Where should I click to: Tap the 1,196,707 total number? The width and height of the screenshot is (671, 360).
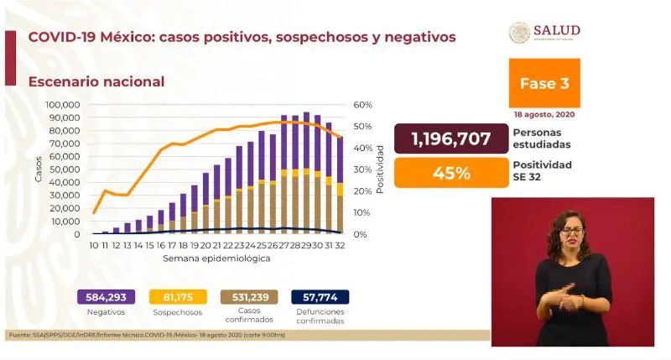(x=450, y=138)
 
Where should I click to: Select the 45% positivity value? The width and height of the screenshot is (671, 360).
(x=450, y=174)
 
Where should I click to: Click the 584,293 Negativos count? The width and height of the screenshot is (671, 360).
(x=106, y=296)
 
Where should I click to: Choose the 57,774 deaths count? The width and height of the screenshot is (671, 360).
(x=320, y=296)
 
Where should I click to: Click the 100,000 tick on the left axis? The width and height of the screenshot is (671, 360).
(x=62, y=105)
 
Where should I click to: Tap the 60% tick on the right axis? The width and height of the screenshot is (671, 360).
(x=362, y=105)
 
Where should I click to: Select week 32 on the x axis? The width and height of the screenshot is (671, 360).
(x=340, y=246)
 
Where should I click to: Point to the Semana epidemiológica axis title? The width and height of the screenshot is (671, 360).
(x=216, y=258)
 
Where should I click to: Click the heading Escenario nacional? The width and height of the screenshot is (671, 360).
(x=96, y=81)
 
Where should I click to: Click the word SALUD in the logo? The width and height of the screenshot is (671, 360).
(x=563, y=29)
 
